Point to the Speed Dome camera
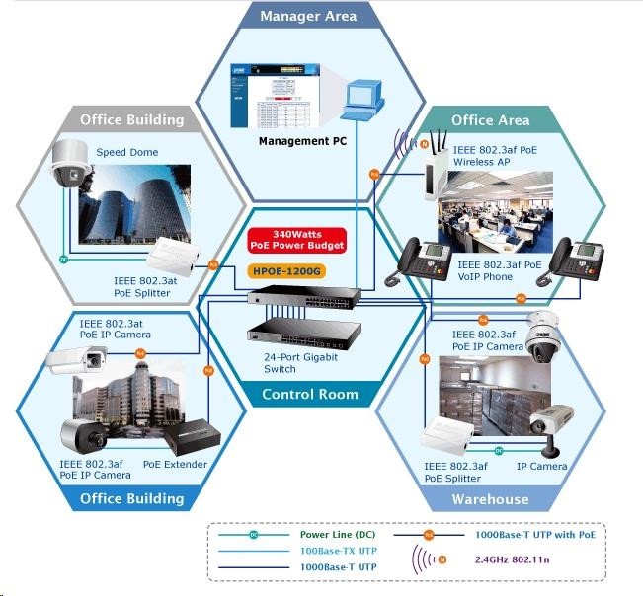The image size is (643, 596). [x=71, y=164]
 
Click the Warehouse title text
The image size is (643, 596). [x=490, y=499]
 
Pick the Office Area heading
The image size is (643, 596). [x=490, y=120]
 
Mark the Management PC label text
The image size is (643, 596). [x=302, y=141]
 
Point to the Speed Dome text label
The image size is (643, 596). [x=126, y=152]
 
